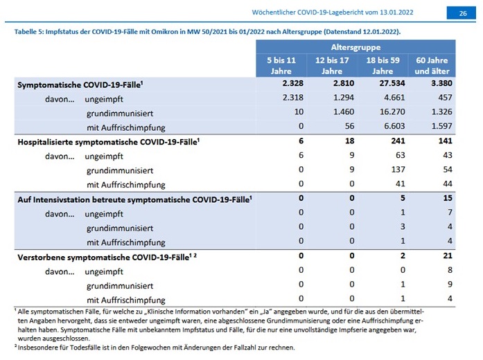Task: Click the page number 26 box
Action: [461, 13]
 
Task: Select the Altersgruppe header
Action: [355, 47]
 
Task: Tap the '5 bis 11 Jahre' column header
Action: [281, 66]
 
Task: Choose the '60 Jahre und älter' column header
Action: [432, 66]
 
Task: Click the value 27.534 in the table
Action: [392, 83]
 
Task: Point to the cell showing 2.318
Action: [293, 98]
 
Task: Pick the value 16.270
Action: [392, 111]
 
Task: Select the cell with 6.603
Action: [394, 126]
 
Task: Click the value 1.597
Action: [441, 126]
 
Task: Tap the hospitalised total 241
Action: [398, 141]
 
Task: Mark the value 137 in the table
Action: [398, 170]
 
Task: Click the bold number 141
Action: [445, 141]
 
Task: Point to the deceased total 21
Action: [448, 255]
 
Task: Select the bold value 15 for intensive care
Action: [448, 198]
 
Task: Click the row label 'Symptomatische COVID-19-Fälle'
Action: [80, 85]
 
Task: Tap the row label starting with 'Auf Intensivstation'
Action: [134, 199]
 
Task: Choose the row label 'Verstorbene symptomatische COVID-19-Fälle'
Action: [107, 258]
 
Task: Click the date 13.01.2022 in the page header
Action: [396, 12]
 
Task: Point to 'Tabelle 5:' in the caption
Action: [29, 32]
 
